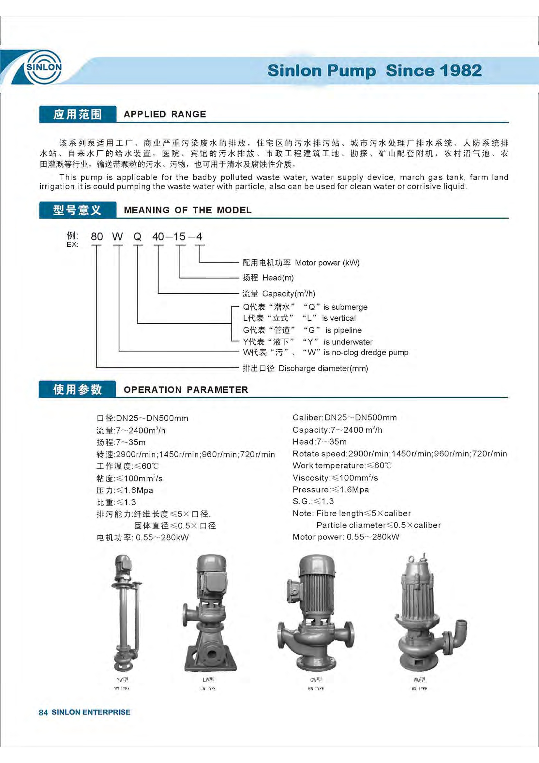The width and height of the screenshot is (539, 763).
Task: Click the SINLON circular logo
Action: pyautogui.click(x=44, y=67)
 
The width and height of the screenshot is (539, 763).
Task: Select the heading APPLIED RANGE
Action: pyautogui.click(x=165, y=114)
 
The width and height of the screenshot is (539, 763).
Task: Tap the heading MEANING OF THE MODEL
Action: pyautogui.click(x=187, y=210)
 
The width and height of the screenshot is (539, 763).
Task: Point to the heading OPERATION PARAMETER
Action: pyautogui.click(x=186, y=389)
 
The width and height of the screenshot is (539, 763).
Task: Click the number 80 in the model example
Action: pyautogui.click(x=97, y=237)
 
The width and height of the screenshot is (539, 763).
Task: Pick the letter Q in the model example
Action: pyautogui.click(x=138, y=237)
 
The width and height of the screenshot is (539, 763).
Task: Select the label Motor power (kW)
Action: pyautogui.click(x=327, y=263)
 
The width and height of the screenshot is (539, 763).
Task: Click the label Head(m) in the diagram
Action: pyautogui.click(x=278, y=278)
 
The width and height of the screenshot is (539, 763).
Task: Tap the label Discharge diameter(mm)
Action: pyautogui.click(x=323, y=368)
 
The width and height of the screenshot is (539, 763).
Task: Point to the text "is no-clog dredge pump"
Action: pyautogui.click(x=366, y=352)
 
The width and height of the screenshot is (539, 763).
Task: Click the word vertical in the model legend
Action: pyautogui.click(x=342, y=318)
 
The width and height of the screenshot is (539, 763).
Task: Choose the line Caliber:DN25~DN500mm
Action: pyautogui.click(x=344, y=418)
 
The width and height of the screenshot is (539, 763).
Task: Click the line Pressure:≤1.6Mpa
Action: pyautogui.click(x=330, y=490)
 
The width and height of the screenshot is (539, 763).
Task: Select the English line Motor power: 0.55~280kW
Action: pyautogui.click(x=346, y=537)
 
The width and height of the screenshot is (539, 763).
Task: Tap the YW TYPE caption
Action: pyautogui.click(x=122, y=688)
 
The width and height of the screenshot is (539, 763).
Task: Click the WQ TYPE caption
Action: pyautogui.click(x=419, y=688)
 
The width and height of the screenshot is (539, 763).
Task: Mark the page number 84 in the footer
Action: pyautogui.click(x=43, y=712)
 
